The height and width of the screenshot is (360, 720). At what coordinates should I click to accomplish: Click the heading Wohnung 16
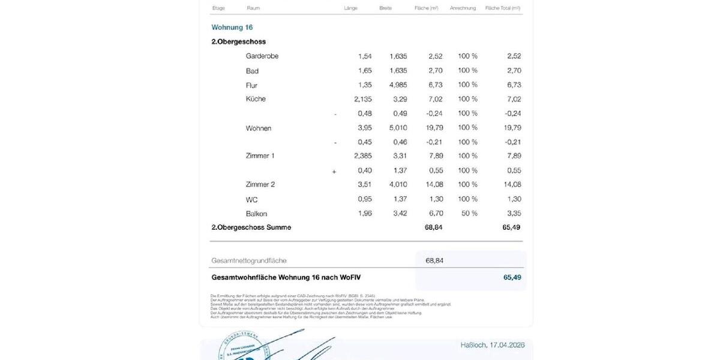click(x=232, y=28)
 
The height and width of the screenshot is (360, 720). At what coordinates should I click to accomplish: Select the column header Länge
click(x=350, y=8)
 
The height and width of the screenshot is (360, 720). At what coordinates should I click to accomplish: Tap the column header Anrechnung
click(x=463, y=8)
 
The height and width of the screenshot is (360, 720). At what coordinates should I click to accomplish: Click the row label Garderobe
click(x=262, y=56)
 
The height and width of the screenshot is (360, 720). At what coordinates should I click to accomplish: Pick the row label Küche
click(x=256, y=99)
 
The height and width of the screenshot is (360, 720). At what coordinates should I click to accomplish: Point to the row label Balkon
click(x=256, y=214)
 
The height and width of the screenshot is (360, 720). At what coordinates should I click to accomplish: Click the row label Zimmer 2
click(x=260, y=185)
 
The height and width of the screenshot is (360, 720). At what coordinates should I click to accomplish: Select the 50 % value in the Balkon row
click(x=468, y=214)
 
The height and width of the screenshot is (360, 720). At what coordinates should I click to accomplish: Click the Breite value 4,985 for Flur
click(x=398, y=85)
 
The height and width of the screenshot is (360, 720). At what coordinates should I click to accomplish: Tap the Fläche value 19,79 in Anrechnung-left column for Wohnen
click(x=434, y=128)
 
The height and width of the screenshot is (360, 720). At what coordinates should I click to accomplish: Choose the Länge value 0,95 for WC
click(x=364, y=199)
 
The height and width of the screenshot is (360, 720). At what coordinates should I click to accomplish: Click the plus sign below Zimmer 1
click(x=334, y=172)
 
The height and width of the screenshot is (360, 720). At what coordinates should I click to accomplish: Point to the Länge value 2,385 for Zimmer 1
click(x=362, y=156)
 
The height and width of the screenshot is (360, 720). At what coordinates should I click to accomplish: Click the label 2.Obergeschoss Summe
click(x=251, y=228)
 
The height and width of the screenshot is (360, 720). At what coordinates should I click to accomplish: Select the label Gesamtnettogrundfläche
click(x=249, y=261)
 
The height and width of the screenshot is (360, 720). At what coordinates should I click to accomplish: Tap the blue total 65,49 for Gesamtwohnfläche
click(x=512, y=277)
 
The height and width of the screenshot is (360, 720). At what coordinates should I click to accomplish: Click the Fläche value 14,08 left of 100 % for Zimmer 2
click(x=434, y=185)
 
